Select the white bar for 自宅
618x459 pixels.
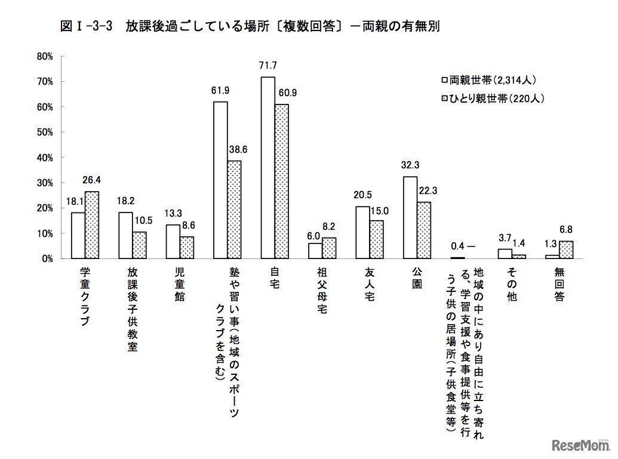pyautogui.click(x=268, y=168)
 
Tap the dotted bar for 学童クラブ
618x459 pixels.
pyautogui.click(x=92, y=225)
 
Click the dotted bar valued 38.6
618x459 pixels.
pyautogui.click(x=234, y=210)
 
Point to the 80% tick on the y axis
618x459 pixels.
pyautogui.click(x=45, y=56)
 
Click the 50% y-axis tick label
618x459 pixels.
pyautogui.click(x=45, y=132)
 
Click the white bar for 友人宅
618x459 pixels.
pyautogui.click(x=362, y=233)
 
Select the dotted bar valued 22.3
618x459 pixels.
pyautogui.click(x=424, y=230)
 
